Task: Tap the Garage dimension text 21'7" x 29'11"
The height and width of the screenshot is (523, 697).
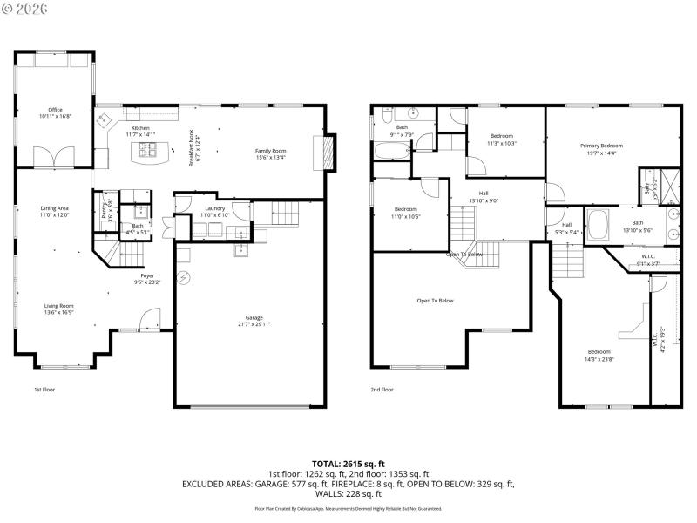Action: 254,324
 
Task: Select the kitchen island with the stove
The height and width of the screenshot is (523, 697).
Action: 149,152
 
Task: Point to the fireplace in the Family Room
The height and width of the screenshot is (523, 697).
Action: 328,154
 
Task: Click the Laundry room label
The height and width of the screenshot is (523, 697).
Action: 214,208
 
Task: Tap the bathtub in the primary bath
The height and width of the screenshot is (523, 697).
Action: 600,225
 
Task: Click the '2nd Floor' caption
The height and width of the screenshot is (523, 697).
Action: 382,390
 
